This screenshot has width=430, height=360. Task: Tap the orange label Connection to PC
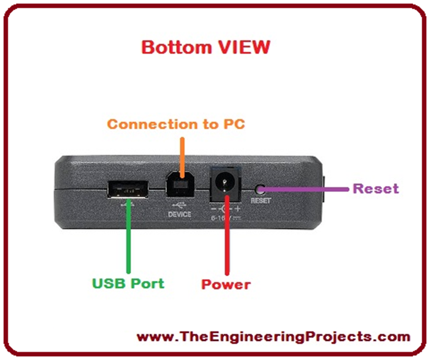point(176,124)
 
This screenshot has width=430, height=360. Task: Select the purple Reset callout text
point(376,188)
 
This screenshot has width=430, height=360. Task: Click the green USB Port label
point(128,283)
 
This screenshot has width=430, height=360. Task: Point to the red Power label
point(226,284)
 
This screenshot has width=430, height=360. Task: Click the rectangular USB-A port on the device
point(128,189)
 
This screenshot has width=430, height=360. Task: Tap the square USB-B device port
point(180,185)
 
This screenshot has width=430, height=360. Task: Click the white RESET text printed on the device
point(261,201)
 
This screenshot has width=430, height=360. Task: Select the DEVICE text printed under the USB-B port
point(180,214)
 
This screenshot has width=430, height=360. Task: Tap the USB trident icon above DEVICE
point(180,206)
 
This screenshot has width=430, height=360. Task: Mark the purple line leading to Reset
point(307,189)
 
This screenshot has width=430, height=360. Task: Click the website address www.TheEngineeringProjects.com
point(273,337)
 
